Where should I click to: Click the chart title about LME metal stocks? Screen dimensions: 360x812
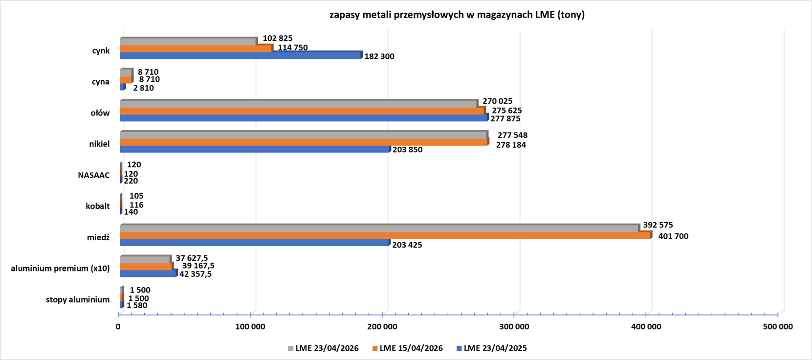click(457, 15)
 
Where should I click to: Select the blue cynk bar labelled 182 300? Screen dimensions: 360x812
click(241, 56)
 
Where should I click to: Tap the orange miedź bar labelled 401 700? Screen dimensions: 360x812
click(385, 236)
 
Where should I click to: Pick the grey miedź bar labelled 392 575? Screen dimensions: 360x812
click(379, 228)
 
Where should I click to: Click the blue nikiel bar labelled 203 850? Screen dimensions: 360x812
click(254, 149)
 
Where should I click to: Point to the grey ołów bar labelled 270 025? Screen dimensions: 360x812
click(298, 104)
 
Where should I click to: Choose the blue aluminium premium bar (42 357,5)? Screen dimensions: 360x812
click(148, 273)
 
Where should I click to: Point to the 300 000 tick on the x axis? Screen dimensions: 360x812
click(514, 326)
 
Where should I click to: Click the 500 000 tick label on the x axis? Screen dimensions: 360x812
click(778, 326)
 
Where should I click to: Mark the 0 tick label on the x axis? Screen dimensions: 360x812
click(118, 326)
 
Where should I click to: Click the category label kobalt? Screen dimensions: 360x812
click(98, 206)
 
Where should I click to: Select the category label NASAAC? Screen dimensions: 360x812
click(94, 175)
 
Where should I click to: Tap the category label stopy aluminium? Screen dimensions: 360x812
click(78, 300)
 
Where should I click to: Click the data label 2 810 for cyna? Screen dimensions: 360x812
click(143, 88)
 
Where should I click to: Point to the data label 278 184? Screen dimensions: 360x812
click(511, 145)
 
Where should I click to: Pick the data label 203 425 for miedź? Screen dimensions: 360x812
click(407, 245)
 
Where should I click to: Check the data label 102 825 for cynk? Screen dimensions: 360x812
click(278, 39)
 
